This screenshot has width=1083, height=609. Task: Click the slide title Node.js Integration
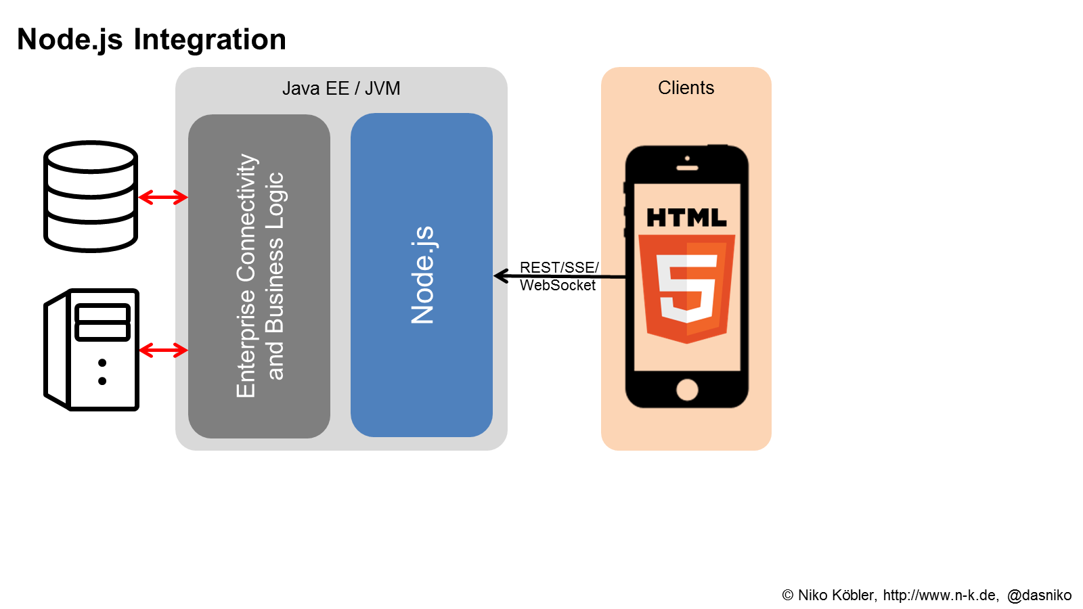[x=152, y=39]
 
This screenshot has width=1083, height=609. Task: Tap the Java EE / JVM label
[x=341, y=89]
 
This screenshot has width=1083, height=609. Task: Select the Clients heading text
[x=686, y=88]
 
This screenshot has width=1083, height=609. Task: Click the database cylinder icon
[x=91, y=196]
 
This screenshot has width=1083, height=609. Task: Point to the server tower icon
[x=92, y=349]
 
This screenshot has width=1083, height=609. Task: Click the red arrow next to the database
[x=163, y=198]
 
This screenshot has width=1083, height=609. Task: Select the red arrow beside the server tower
[x=163, y=350]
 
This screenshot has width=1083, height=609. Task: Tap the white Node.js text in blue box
[x=422, y=275]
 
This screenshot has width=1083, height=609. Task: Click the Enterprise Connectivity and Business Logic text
[x=259, y=275]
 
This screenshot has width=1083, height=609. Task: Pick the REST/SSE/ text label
[x=559, y=267]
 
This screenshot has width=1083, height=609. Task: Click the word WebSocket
[x=558, y=286]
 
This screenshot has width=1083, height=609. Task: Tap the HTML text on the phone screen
[x=686, y=218]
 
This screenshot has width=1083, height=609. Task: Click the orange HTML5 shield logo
[x=686, y=288]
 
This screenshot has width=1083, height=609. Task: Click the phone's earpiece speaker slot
[x=687, y=167]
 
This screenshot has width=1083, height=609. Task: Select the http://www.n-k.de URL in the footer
[x=940, y=595]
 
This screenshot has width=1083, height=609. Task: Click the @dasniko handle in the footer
[x=1039, y=595]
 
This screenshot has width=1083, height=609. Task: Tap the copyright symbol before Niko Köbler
[x=788, y=595]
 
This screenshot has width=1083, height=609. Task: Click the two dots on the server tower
[x=102, y=372]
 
